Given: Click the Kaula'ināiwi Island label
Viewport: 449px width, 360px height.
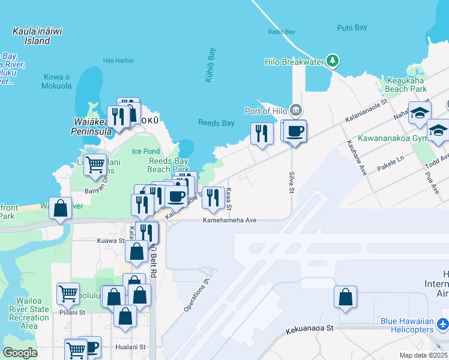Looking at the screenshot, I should click(29, 36).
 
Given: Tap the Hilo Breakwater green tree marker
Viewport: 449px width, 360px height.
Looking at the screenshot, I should click(333, 61).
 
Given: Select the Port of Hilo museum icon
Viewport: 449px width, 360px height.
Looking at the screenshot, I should click(295, 110).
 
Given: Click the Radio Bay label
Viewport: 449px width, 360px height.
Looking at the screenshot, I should click(282, 31).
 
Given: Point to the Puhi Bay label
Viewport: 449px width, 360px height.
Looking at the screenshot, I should click(352, 28).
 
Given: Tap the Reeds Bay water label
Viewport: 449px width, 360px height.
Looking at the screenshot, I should click(216, 123).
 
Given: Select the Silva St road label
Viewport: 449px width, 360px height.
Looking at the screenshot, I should click(292, 182).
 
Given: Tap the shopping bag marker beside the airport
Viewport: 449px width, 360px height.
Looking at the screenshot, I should click(345, 297).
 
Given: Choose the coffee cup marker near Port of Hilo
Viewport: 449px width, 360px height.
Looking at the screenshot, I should click(294, 131).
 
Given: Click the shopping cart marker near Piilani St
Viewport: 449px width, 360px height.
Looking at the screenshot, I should click(68, 293).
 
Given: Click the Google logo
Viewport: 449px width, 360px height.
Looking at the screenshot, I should click(20, 352).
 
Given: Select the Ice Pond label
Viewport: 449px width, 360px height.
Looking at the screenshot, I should click(146, 151).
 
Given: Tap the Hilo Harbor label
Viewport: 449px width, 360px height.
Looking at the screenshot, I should click(118, 61).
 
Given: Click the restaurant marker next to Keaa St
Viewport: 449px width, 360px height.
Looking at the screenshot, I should click(212, 198).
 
